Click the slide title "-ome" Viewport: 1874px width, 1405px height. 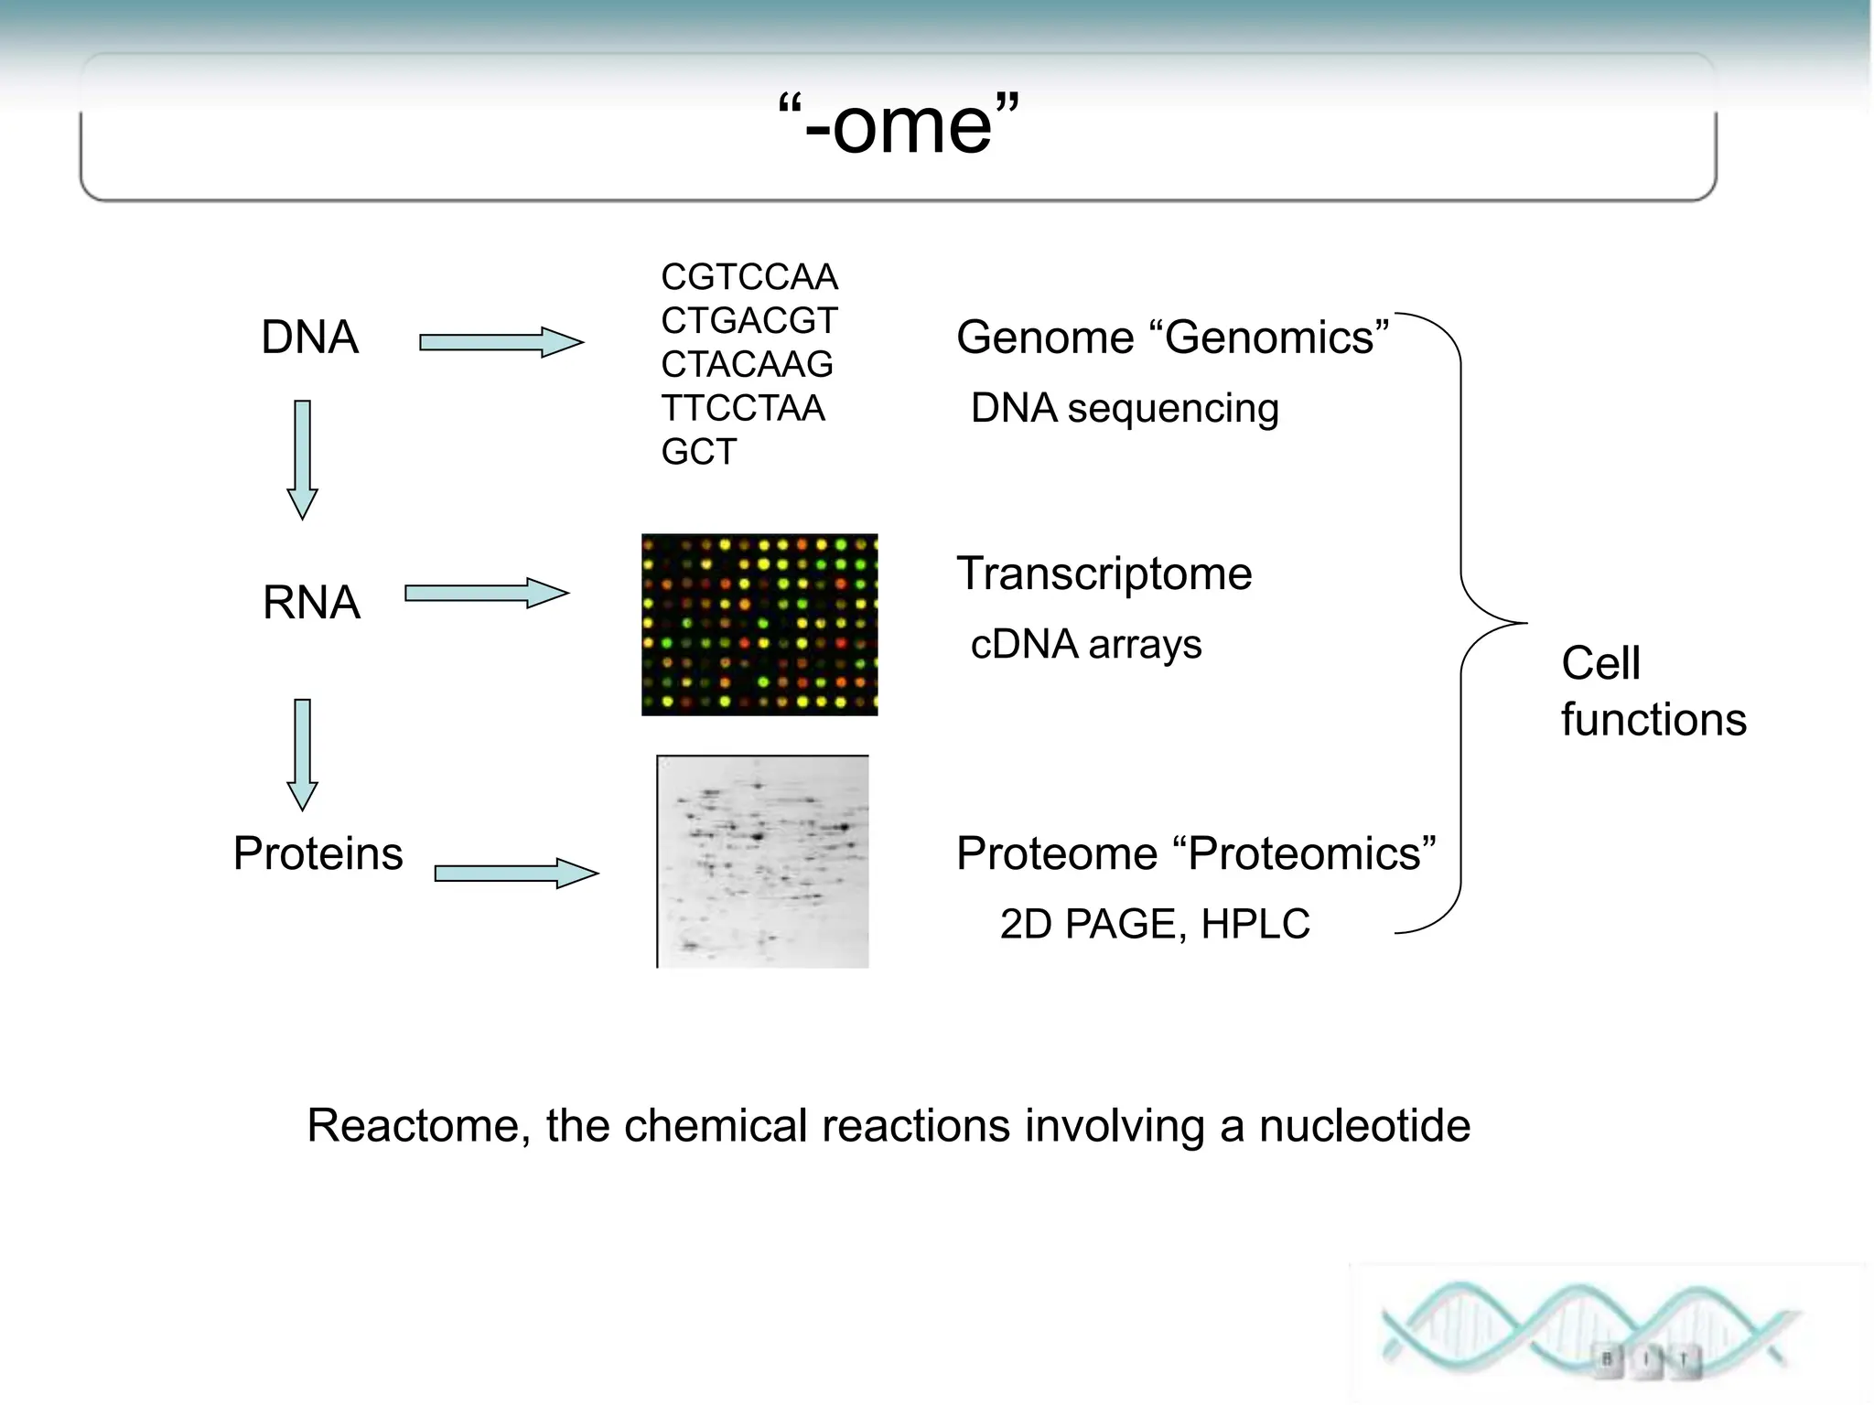(x=899, y=125)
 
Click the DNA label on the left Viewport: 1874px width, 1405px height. (x=309, y=337)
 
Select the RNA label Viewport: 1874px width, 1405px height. (x=311, y=602)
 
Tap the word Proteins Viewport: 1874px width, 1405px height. (x=318, y=853)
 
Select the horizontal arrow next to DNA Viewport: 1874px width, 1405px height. (x=500, y=342)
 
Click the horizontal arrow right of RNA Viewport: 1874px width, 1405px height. (x=486, y=593)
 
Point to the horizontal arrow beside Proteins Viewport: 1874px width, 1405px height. (x=515, y=873)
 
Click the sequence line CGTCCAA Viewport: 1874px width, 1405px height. (x=749, y=276)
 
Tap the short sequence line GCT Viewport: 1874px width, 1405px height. (x=698, y=452)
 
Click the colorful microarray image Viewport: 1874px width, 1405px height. (x=759, y=625)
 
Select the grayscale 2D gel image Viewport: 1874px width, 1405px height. (x=762, y=861)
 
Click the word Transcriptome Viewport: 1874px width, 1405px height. (x=1104, y=574)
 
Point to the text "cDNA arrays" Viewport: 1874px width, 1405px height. (x=1085, y=644)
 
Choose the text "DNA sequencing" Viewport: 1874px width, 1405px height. (x=1125, y=408)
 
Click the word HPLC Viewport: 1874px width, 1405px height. (x=1255, y=924)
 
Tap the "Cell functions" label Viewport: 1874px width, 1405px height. (x=1653, y=691)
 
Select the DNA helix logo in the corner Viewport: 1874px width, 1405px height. (x=1592, y=1332)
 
